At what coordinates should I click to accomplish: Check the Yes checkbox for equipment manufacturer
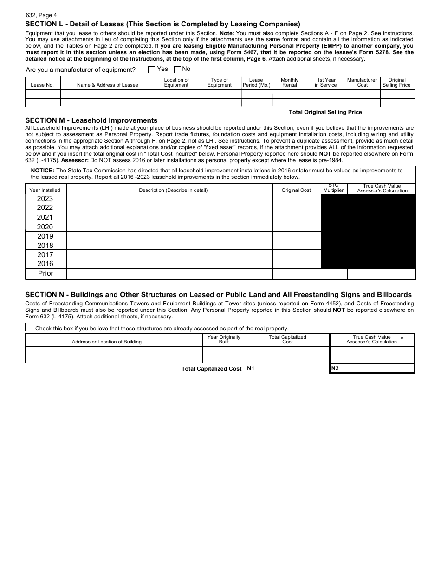point(151,70)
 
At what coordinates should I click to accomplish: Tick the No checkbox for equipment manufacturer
point(177,70)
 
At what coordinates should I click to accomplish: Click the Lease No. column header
point(42,85)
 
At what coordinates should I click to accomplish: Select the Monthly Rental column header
point(289,82)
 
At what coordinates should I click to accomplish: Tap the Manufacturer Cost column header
point(362,82)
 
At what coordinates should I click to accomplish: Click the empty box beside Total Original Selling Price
point(391,112)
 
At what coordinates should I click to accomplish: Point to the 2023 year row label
point(45,199)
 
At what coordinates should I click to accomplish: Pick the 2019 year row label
point(45,236)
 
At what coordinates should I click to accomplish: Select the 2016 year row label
point(45,264)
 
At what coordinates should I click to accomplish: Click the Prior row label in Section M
point(45,274)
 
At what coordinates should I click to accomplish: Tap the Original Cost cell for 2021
point(296,217)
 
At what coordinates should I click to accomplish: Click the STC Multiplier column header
point(333,188)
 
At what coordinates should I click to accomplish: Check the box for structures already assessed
point(29,328)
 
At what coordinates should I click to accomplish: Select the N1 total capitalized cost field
point(287,368)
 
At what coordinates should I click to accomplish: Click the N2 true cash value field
point(372,368)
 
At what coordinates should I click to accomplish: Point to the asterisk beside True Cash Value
point(402,339)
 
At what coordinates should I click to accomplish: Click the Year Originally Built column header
point(224,339)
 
